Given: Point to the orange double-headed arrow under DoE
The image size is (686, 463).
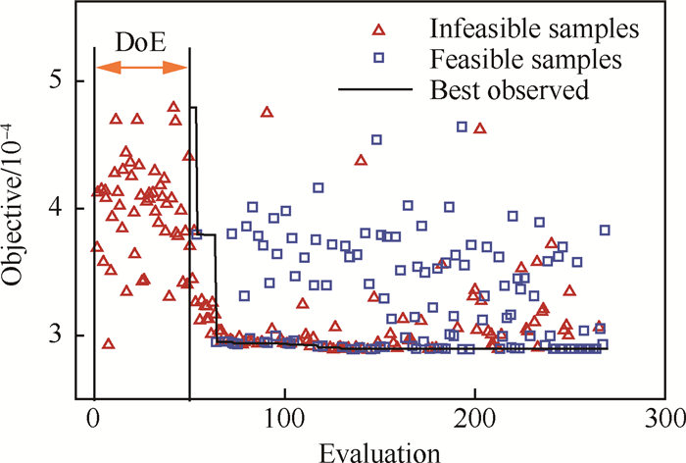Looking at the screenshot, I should coord(141,67).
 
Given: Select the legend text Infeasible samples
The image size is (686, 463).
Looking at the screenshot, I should coord(529,28).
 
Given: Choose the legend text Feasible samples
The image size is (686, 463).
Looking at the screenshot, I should coord(524,59).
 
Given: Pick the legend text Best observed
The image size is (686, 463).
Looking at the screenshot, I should coord(509,90).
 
